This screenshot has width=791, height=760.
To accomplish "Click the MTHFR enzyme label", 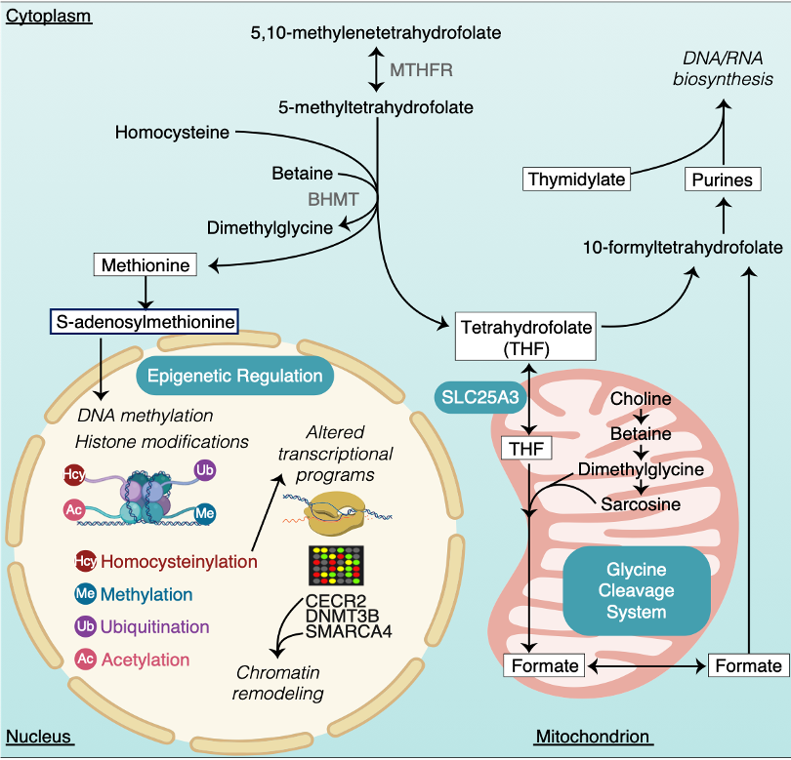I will [422, 70].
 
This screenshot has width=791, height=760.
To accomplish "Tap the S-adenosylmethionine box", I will [144, 321].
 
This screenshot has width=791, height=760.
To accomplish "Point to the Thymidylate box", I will [576, 180].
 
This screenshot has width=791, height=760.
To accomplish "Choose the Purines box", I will [723, 180].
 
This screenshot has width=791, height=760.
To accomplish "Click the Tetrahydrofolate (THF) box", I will [526, 338].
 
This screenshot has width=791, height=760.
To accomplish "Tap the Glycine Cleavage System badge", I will [635, 591].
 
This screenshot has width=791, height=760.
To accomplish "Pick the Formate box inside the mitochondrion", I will [544, 665].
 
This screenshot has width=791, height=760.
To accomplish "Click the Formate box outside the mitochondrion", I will [748, 665].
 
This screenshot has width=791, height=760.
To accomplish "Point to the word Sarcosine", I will [641, 504].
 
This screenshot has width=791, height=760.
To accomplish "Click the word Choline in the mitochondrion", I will [641, 399].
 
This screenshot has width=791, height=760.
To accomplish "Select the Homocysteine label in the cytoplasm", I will [172, 132].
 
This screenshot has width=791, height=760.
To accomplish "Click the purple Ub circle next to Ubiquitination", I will [85, 626].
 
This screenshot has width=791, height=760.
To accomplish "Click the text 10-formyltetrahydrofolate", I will [682, 247].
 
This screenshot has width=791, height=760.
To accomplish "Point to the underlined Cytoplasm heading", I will [49, 17].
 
